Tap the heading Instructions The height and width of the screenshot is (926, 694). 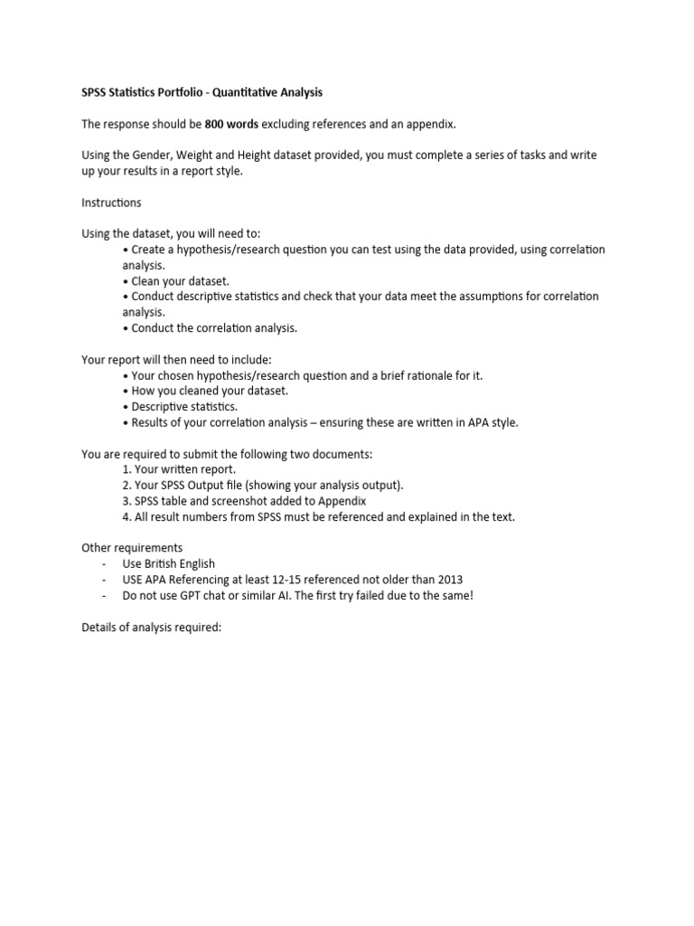111,203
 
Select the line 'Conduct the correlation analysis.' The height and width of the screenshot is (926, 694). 214,327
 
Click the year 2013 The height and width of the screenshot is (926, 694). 448,580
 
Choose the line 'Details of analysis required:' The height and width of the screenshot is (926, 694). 151,627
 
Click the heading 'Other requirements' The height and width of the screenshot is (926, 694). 132,548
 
